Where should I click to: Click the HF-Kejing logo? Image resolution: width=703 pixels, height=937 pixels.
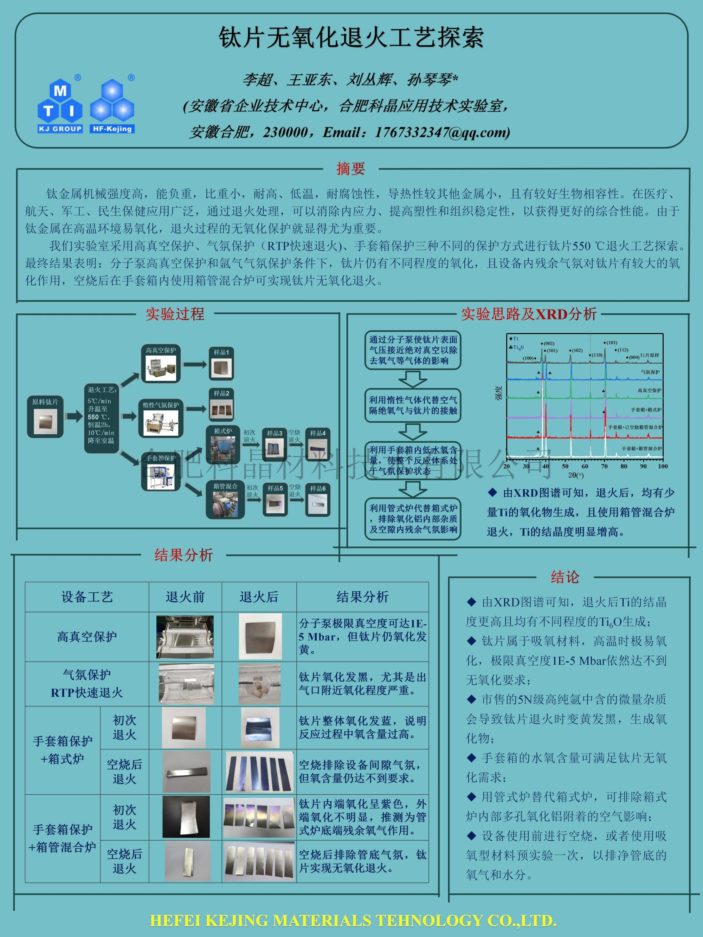pos(112,106)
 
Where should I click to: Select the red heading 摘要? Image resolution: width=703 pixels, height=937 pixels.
pos(350,169)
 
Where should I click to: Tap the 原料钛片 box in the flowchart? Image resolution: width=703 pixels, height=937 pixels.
pos(45,417)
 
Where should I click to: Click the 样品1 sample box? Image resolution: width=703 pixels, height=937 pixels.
pos(221,363)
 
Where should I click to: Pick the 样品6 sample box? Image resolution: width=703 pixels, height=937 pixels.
pos(318,500)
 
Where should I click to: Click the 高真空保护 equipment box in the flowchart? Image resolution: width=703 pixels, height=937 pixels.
pos(161,363)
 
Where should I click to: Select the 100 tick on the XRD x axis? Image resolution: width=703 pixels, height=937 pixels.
pos(662,466)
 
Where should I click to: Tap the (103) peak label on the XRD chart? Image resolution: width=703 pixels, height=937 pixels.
pos(612,343)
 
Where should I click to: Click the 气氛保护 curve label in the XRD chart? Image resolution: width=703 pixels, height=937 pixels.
pos(650,372)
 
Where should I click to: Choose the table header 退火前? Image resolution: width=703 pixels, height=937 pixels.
pos(185,597)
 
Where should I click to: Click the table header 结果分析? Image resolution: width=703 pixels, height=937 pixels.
pos(362,597)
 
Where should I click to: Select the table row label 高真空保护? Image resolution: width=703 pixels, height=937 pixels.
pos(87,637)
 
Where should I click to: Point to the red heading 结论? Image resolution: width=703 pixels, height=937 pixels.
pos(565,577)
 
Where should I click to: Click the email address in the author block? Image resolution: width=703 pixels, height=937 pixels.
pos(442,132)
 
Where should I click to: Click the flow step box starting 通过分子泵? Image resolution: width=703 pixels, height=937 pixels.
pos(413,350)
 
